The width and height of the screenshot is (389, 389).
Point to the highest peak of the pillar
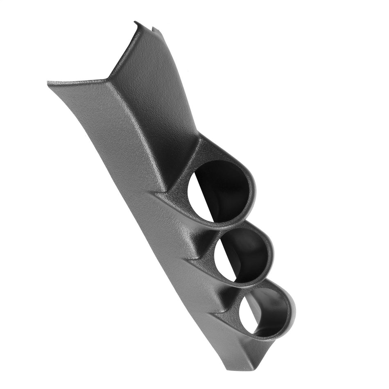[136, 23]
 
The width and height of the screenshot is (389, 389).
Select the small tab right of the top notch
[154, 29]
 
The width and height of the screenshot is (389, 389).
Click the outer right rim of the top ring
[254, 192]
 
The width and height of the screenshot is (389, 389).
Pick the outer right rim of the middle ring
[273, 254]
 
